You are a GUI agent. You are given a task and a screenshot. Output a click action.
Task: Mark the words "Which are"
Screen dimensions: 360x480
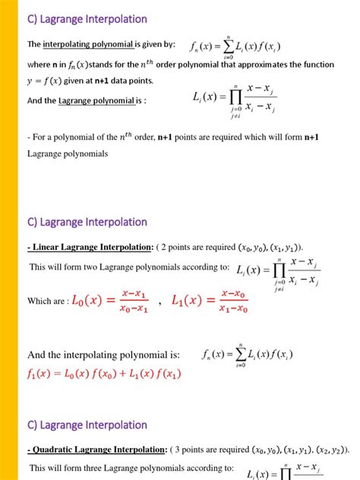(46, 302)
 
